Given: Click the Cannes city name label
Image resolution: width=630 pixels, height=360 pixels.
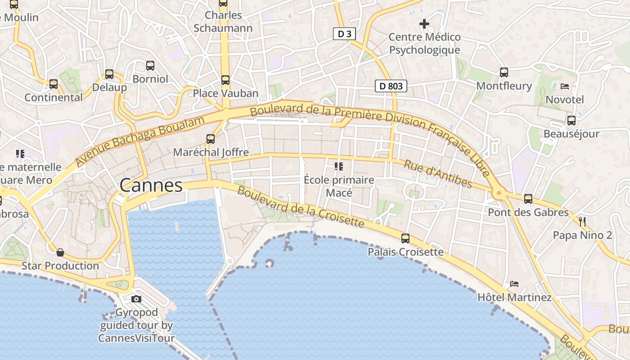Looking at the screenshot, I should pos(151,185).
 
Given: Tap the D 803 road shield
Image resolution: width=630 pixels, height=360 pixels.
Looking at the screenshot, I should pos(391,86).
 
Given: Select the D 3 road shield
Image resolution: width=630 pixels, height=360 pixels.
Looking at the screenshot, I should pos(342,34).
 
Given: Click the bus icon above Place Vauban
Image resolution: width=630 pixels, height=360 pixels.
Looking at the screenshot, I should pos(225,80).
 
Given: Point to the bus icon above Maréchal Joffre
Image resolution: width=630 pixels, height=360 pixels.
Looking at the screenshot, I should pos(211,139).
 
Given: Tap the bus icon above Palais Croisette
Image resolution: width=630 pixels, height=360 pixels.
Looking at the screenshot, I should pos(405,238).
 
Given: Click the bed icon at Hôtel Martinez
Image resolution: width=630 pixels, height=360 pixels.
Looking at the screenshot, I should pos(514,284).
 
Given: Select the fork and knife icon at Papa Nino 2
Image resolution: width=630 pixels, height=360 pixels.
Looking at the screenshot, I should pos(582,221).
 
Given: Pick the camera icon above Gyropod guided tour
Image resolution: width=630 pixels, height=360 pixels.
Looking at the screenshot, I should pos(136,299).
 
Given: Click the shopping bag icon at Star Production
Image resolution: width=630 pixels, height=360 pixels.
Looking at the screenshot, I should pos(60,252).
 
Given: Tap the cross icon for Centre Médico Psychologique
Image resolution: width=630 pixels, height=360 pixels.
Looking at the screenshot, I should pos(424,23).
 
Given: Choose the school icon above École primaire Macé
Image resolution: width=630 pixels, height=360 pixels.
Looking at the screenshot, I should pos(339,166).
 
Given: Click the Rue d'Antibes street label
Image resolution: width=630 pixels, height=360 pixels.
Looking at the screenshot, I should pos(438,174).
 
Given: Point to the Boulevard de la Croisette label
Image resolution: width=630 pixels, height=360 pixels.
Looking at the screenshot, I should pos(300,207).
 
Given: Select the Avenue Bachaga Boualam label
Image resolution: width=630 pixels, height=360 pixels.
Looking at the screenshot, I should pos(140,140).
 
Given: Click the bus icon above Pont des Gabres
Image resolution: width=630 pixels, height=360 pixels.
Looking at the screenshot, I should pos(528,198).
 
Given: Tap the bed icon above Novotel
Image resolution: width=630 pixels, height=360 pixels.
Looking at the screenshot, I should pos(565,86).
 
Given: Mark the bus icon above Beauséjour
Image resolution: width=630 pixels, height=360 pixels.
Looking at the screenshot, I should pos(571,121).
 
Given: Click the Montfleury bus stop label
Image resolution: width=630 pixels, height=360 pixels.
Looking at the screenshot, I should pos(504,85).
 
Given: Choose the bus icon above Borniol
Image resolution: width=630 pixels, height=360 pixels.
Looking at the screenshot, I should pos(150,66).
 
